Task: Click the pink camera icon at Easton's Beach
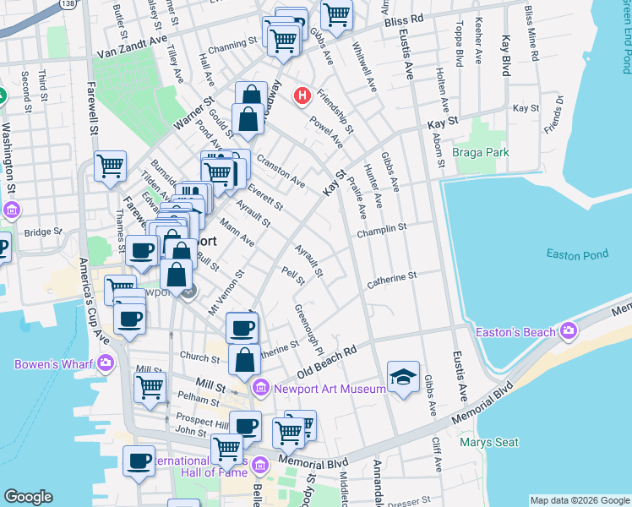569,330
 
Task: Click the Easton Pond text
577,253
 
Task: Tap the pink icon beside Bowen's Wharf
106,364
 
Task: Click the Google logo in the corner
28,497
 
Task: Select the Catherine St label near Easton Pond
392,277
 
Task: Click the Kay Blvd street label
506,56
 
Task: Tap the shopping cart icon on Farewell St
110,168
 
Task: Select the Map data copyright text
579,500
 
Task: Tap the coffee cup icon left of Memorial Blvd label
139,461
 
